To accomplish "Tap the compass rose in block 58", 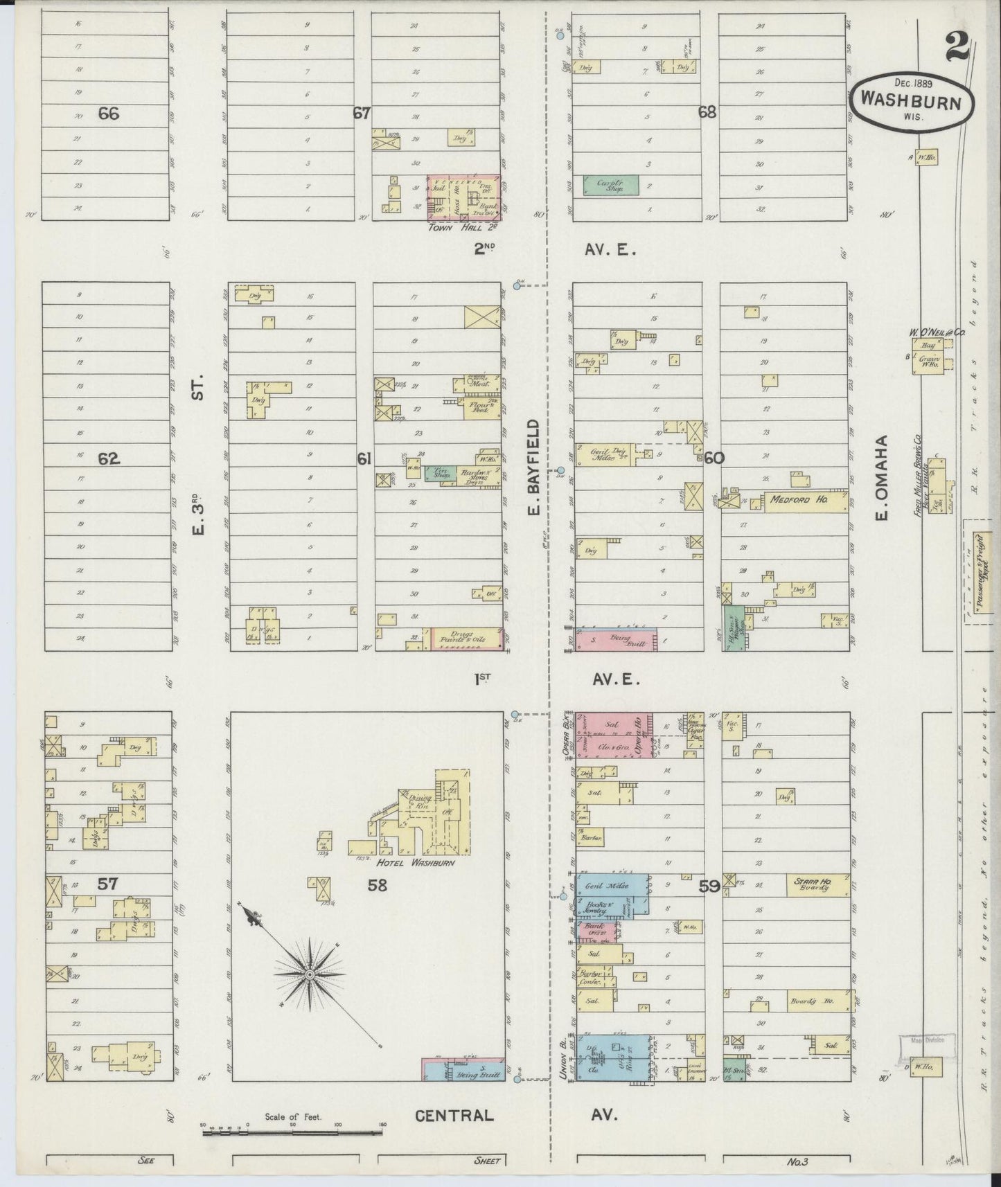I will click(x=310, y=974).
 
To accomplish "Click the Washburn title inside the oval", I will click(x=910, y=101).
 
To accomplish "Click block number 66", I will click(x=108, y=114).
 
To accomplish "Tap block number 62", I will click(x=109, y=458).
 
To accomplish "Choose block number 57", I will click(x=108, y=884).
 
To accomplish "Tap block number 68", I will click(x=707, y=112).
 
